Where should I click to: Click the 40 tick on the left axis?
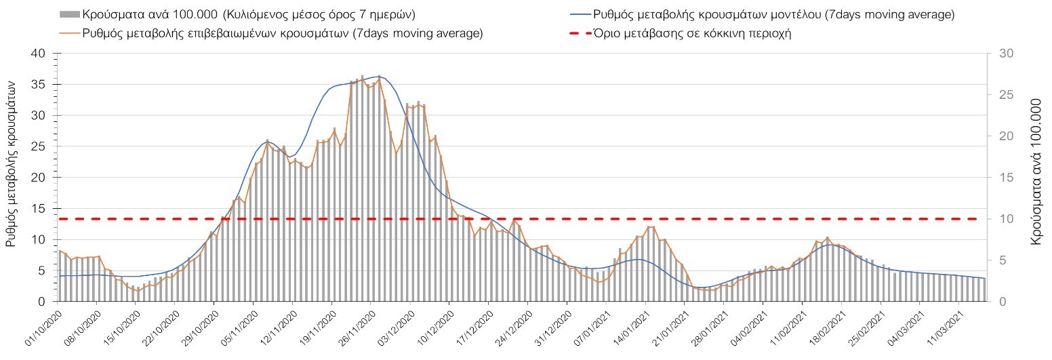(39, 54)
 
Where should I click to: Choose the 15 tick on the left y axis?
(39, 208)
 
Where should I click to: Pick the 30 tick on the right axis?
(995, 54)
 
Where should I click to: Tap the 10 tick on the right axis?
(995, 219)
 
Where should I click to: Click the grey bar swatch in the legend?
(69, 14)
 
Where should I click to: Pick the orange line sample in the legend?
(69, 33)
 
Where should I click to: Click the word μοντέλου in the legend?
(788, 14)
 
